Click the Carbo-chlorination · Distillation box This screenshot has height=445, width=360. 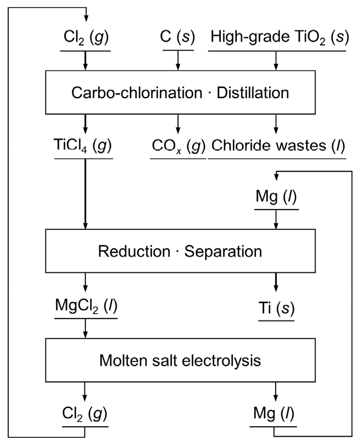(178, 91)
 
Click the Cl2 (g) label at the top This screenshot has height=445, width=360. (84, 40)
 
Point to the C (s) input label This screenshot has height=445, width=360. (178, 40)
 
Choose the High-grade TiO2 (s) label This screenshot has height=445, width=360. (276, 40)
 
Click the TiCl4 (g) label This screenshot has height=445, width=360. (84, 146)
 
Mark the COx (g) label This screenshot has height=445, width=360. (178, 146)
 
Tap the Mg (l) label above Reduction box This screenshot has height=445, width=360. (276, 198)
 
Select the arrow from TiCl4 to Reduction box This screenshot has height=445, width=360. (84, 194)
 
